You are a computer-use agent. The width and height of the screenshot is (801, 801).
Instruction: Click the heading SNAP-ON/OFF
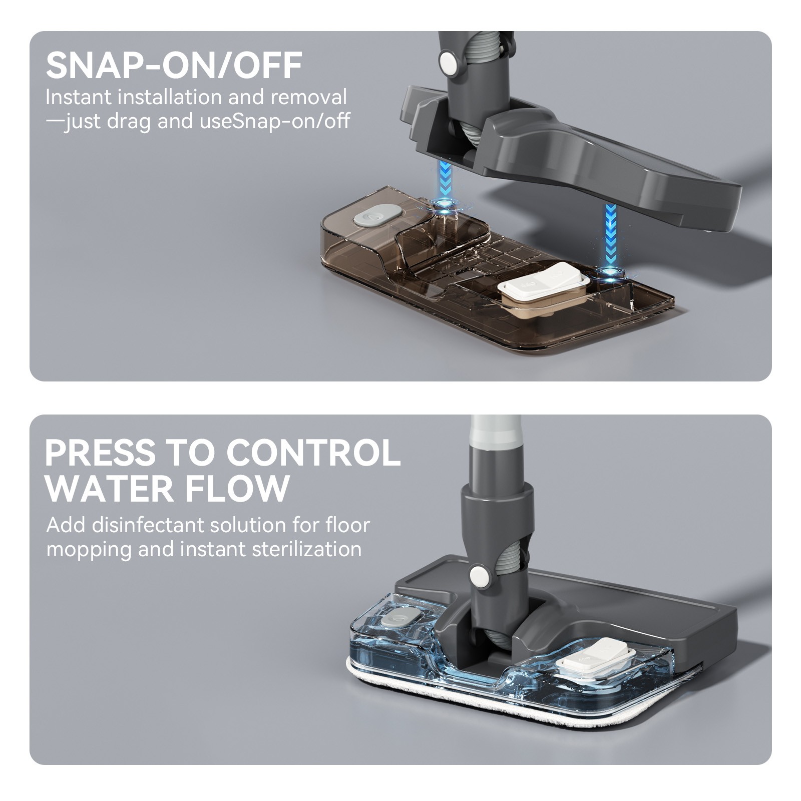click(174, 66)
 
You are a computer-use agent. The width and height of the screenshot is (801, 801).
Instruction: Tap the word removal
click(308, 97)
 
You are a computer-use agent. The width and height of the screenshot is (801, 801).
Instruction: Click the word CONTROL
click(313, 453)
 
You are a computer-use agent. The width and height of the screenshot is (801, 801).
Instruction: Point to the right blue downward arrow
click(610, 233)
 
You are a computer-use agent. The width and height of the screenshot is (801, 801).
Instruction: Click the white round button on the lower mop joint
click(480, 577)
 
